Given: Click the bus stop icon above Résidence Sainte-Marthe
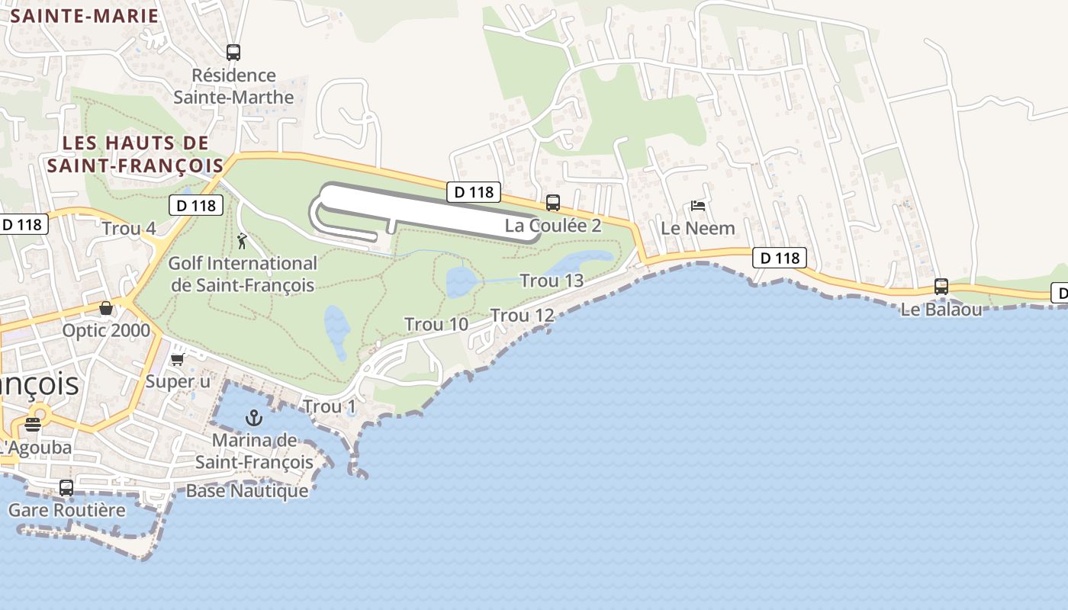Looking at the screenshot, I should tap(233, 53).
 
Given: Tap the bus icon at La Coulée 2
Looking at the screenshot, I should tap(553, 203).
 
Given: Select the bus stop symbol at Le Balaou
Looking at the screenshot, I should tap(941, 287).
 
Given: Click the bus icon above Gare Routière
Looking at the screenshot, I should tap(66, 487).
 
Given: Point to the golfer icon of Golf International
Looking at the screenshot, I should tap(242, 242).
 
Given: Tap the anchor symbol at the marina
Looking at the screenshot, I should tap(253, 418).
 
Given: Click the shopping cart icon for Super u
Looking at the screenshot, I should tap(178, 359).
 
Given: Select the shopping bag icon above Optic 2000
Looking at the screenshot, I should tap(106, 308).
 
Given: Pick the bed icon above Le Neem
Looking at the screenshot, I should tap(697, 206).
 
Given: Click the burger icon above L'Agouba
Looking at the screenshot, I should tap(32, 424).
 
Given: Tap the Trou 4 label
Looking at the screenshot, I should tap(129, 228).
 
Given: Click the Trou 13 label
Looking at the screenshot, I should tap(552, 281).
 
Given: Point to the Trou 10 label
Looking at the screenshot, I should tap(436, 324).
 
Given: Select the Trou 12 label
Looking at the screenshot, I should tap(522, 315).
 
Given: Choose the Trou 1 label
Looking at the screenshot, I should tap(330, 406).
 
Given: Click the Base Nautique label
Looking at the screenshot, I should tap(247, 490).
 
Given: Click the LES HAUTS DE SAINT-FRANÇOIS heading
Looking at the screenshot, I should tap(136, 153).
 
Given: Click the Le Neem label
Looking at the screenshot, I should tap(697, 228).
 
